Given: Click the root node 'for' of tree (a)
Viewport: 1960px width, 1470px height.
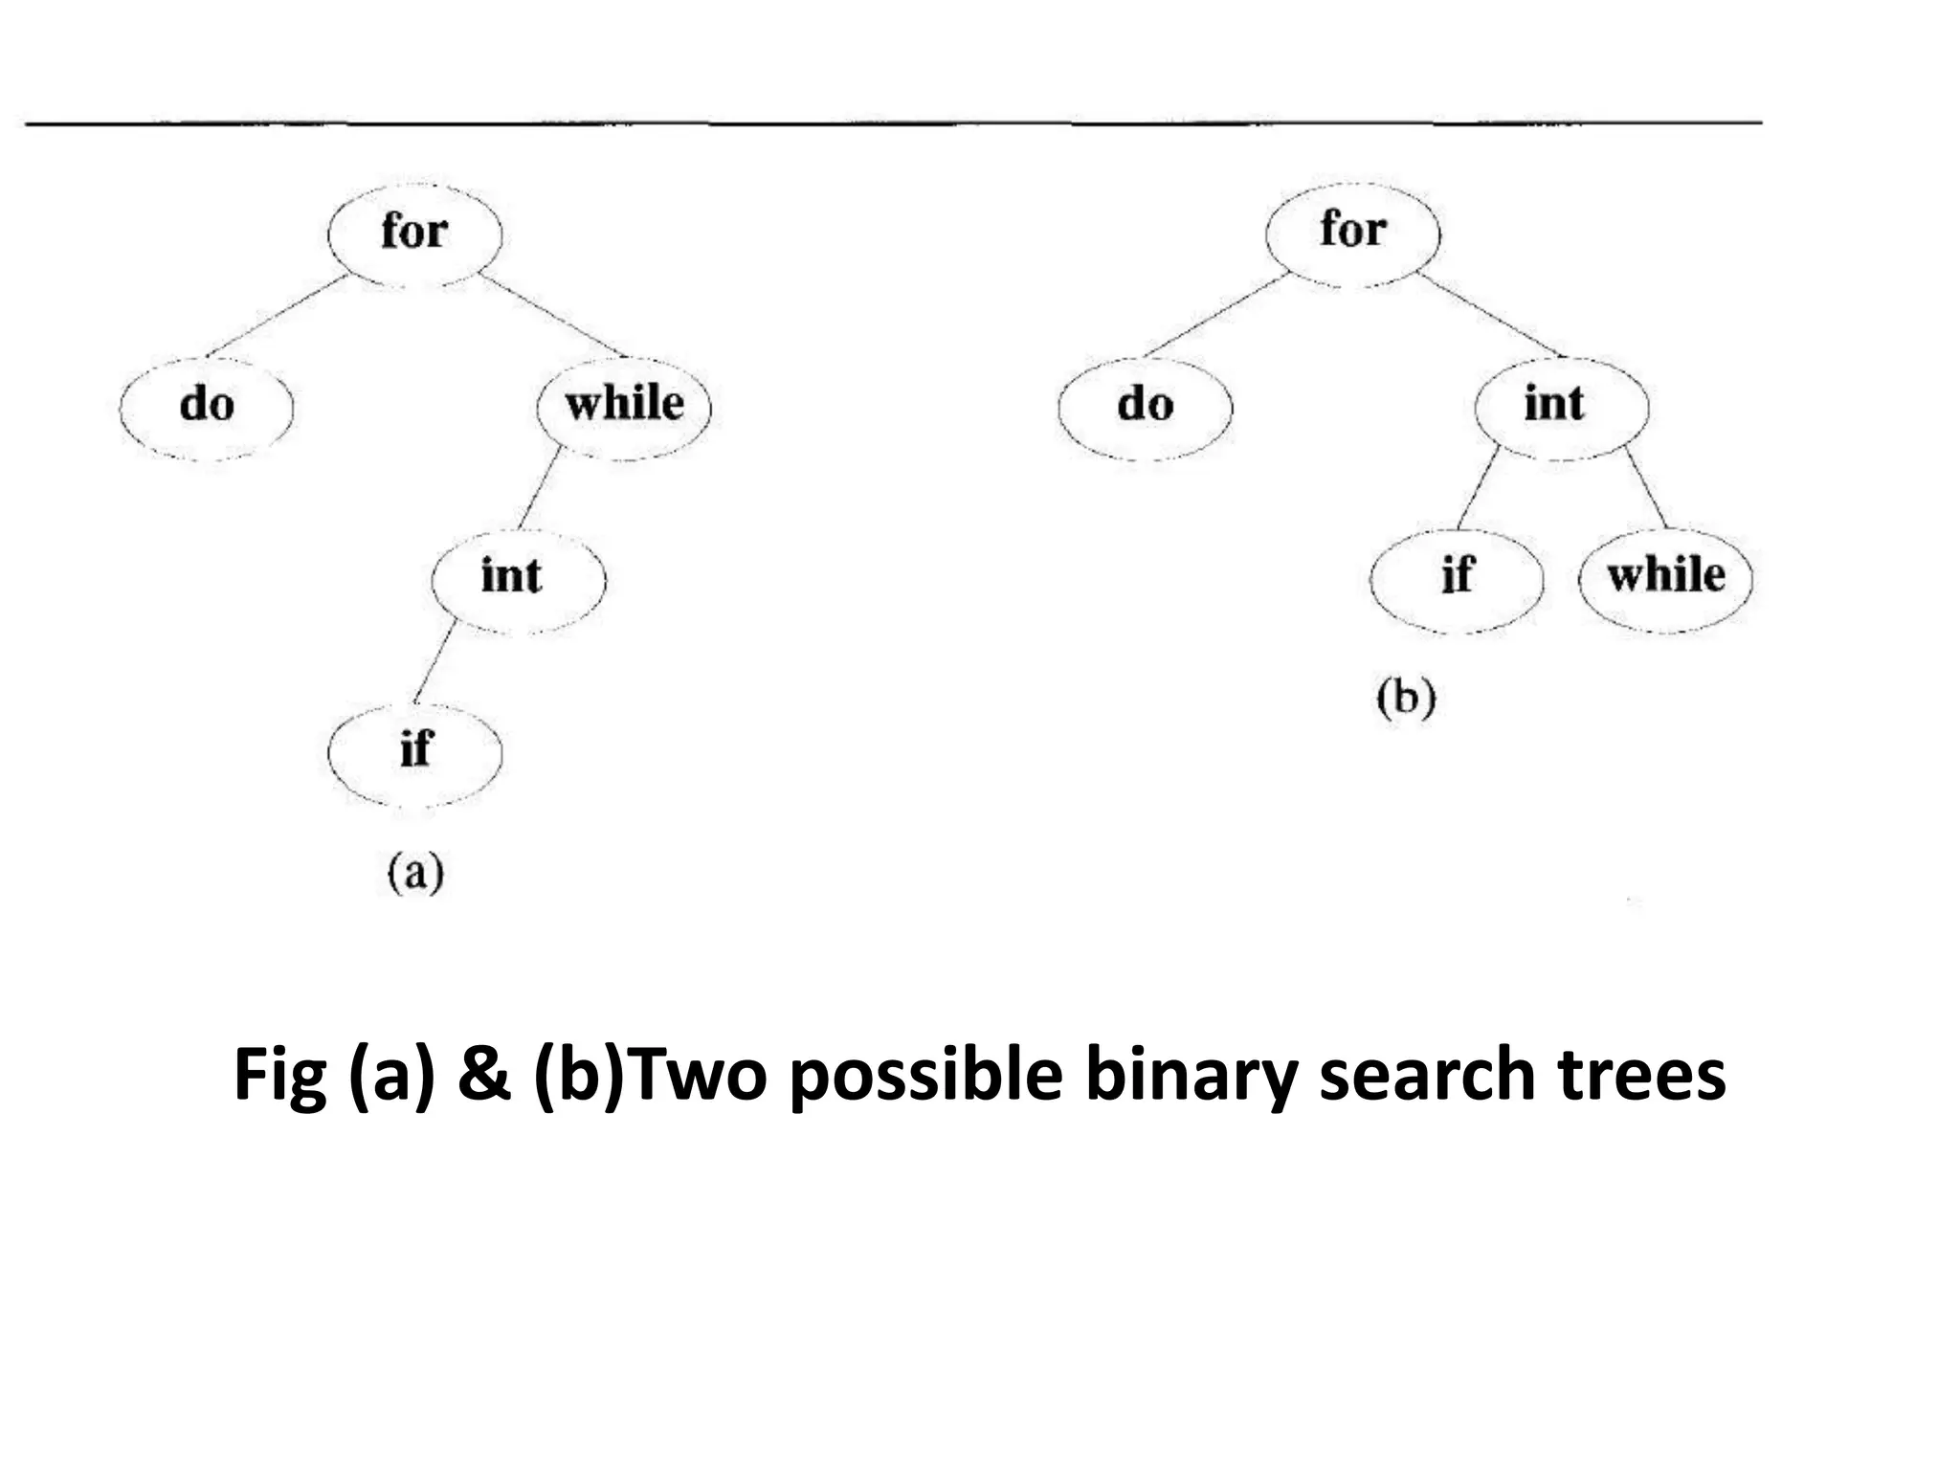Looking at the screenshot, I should (414, 233).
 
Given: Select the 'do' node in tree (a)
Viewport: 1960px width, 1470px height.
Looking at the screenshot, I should (206, 406).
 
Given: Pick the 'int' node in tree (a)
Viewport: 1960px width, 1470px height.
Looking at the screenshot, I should (518, 578).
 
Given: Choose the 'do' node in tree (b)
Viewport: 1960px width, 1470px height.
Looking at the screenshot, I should (1145, 406).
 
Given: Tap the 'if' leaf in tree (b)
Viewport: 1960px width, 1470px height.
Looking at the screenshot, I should (1457, 578).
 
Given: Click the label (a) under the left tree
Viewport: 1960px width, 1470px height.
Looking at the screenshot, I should (415, 873).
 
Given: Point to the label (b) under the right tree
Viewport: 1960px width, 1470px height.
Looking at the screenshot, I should (1406, 698).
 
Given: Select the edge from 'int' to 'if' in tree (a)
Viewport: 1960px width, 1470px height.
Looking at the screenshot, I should (435, 661).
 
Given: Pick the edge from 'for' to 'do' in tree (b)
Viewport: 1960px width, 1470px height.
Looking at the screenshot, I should (1216, 316).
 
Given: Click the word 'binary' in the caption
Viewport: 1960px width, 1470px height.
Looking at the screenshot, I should (1191, 1075).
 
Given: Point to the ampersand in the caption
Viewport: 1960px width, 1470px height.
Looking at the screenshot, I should (483, 1075).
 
